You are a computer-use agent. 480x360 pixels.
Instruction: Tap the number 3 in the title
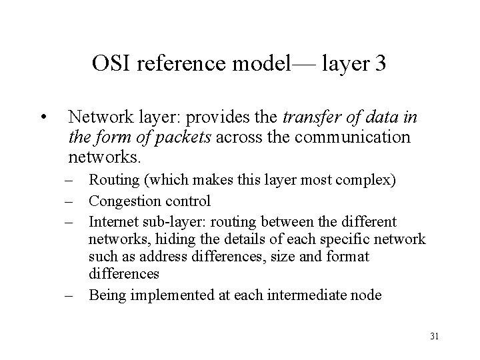click(x=380, y=65)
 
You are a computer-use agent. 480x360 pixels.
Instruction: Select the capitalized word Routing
click(x=109, y=180)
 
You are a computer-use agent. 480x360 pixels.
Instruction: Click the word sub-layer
click(x=166, y=221)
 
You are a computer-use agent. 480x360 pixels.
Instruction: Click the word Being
click(x=105, y=295)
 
